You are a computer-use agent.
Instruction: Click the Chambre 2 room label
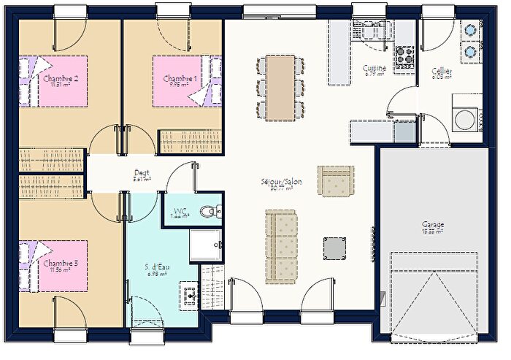pos(60,79)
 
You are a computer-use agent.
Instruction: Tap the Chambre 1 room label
pos(180,79)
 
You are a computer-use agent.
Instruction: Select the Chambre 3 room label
pos(60,263)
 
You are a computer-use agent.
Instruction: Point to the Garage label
pos(432,224)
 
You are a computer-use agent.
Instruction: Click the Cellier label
pos(441,72)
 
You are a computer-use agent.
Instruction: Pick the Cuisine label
pos(374,69)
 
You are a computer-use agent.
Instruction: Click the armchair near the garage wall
pos(335,180)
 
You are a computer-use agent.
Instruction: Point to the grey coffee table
pos(336,248)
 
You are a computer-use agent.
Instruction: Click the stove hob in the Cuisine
pos(404,58)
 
